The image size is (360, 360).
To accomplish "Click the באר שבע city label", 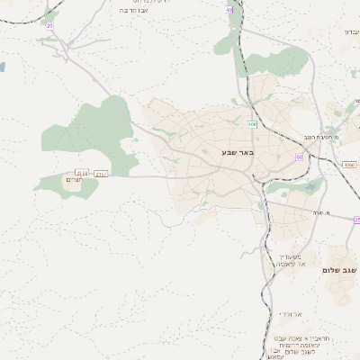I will point(238,152).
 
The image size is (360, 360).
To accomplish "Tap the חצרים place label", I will point(75,181).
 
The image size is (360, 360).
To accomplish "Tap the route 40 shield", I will point(229,10).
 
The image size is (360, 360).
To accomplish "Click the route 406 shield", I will point(253,123).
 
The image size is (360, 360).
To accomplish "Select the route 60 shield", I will point(299,157).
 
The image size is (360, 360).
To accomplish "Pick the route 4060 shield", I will point(349,165).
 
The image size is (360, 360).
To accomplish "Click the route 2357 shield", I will point(101,173).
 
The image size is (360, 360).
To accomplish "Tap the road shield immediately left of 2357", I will point(83,173).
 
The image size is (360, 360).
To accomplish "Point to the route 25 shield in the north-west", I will point(49,25).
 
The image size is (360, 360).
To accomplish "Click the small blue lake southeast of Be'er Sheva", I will point(284,191).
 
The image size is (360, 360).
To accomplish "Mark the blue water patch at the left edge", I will point(2,67).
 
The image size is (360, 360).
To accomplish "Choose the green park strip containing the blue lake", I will point(301,189).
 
